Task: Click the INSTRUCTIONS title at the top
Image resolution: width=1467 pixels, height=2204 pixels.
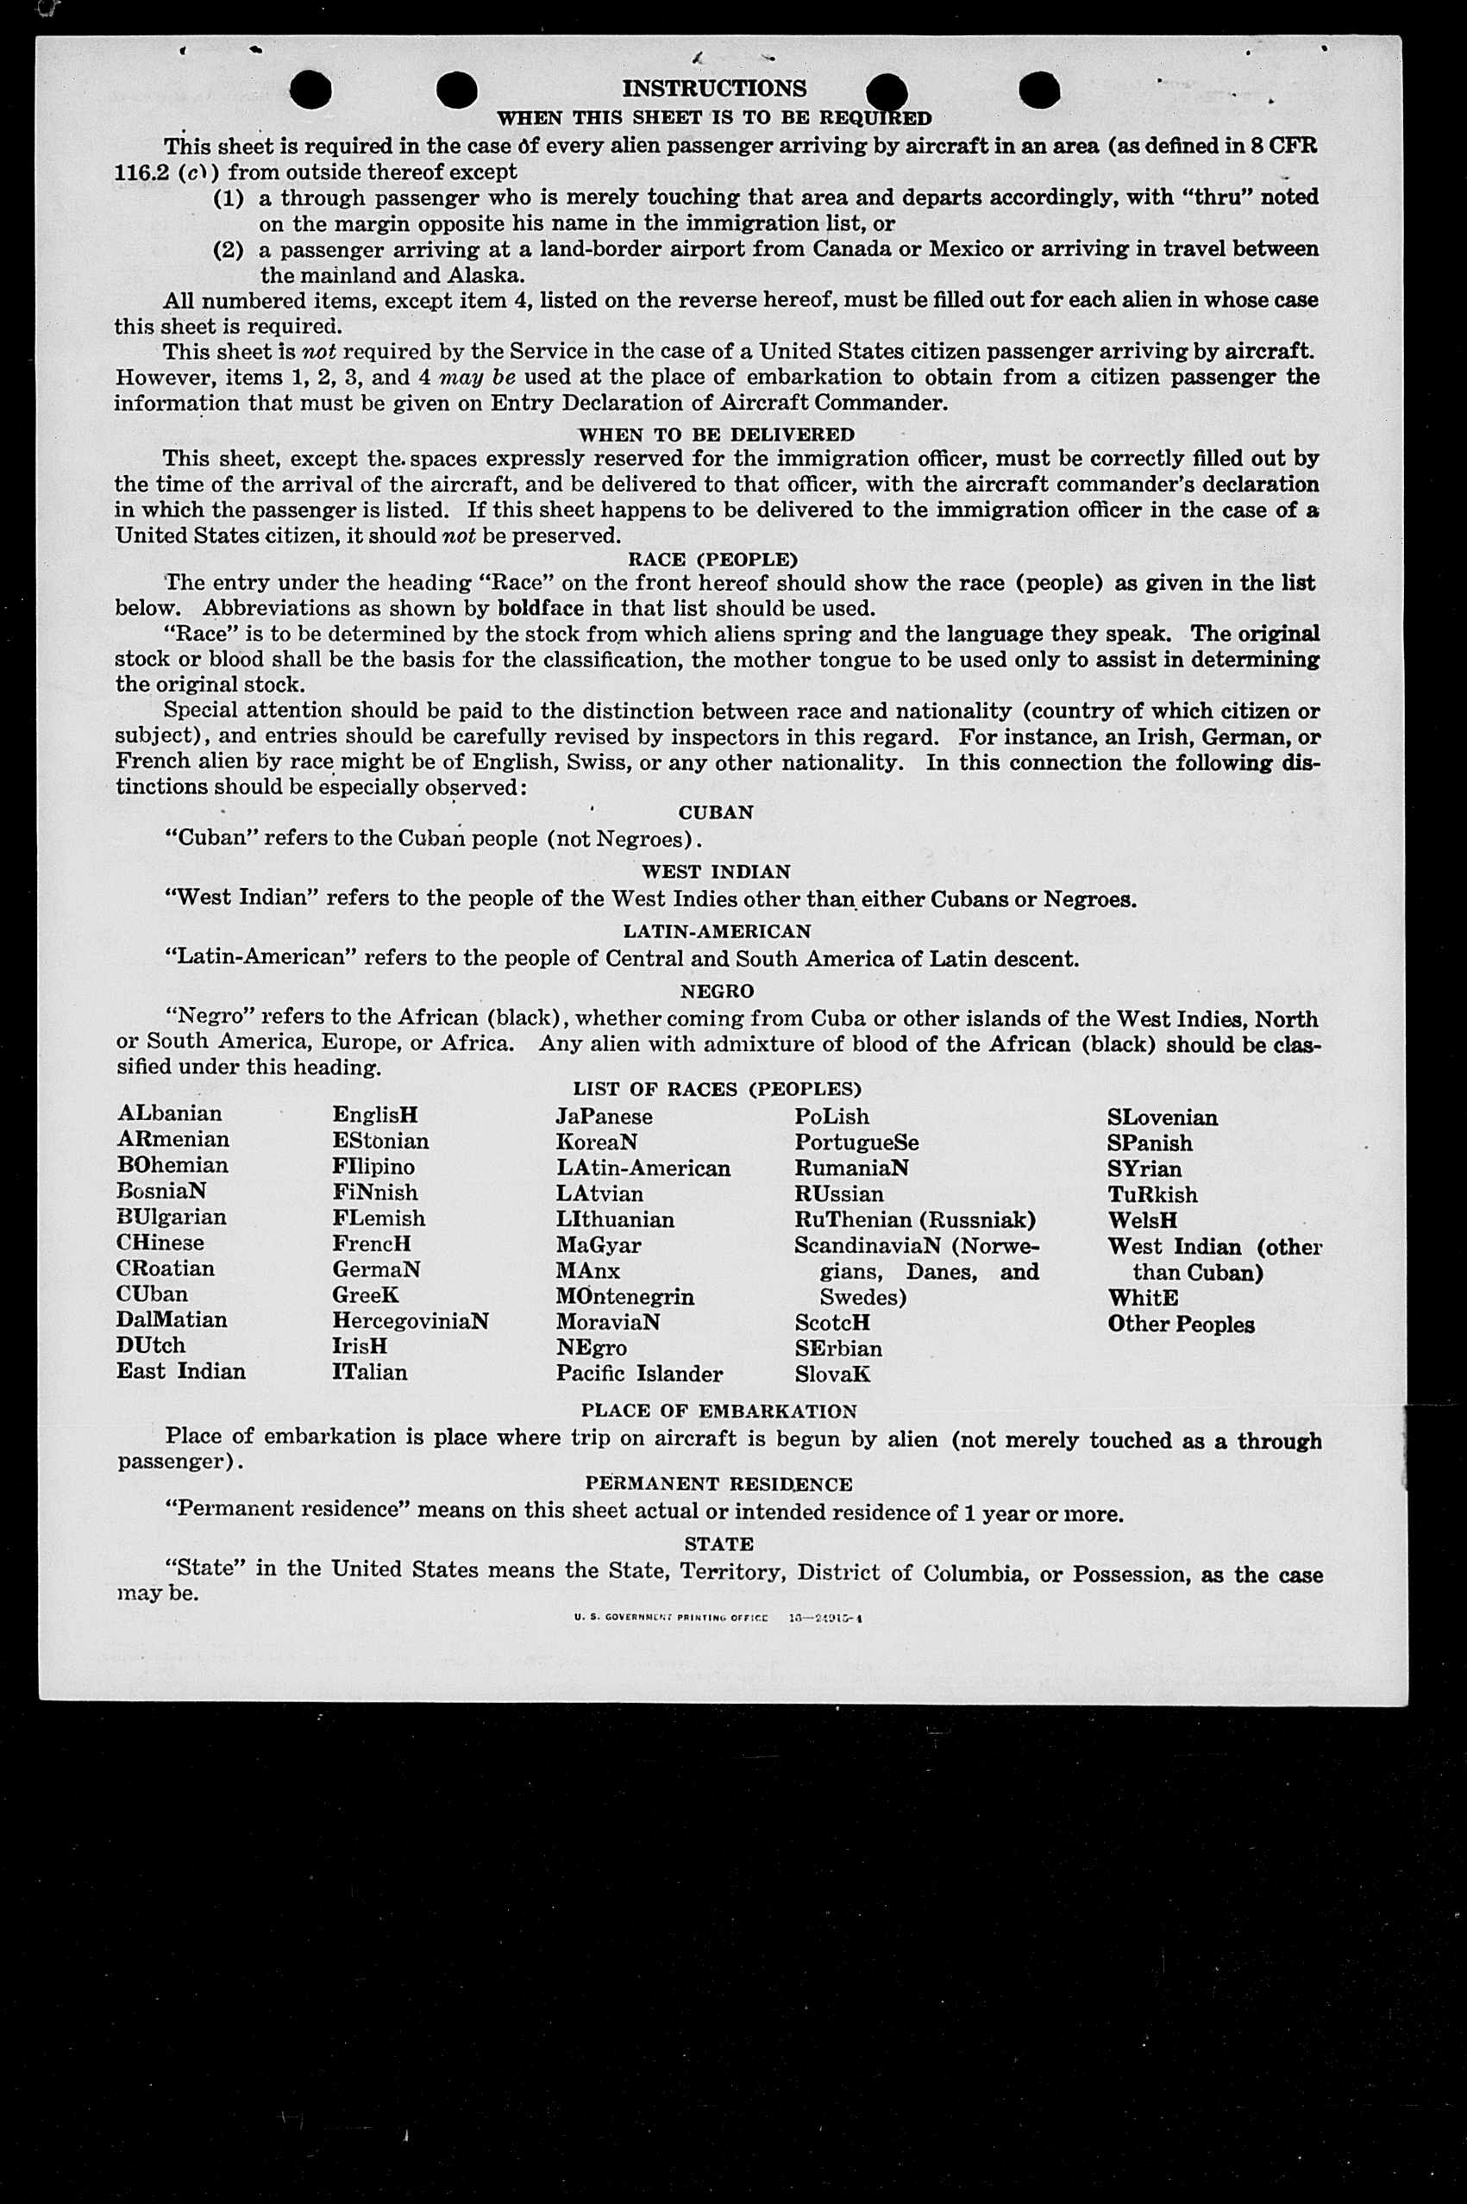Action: (714, 89)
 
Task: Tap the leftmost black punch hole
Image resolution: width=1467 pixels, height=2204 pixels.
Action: (310, 91)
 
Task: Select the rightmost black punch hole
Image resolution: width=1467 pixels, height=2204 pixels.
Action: (1038, 91)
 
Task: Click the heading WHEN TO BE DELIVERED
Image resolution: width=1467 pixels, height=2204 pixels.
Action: (716, 435)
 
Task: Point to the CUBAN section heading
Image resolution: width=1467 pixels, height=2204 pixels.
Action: (716, 812)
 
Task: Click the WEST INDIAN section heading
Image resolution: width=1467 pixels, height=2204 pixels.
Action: (716, 872)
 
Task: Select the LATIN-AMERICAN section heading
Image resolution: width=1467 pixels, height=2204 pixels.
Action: (717, 932)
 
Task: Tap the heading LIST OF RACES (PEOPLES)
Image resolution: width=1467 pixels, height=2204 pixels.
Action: (717, 1089)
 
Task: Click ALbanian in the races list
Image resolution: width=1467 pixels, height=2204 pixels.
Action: (169, 1113)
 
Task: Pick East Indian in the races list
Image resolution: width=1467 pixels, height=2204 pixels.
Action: (180, 1371)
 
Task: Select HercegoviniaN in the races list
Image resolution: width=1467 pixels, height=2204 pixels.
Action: (410, 1321)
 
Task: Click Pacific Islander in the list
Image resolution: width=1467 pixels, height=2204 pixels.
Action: (639, 1374)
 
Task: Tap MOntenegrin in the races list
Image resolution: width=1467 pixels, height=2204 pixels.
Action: (624, 1297)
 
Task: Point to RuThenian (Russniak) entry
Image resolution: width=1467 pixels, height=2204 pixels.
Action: (915, 1220)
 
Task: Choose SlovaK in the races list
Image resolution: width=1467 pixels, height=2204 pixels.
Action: (832, 1374)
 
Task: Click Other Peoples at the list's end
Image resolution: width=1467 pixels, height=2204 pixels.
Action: (1181, 1324)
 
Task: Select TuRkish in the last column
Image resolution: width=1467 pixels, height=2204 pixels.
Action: (1151, 1194)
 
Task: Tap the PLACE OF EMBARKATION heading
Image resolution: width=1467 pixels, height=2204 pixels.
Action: (718, 1411)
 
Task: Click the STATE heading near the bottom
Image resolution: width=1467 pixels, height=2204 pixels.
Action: (718, 1543)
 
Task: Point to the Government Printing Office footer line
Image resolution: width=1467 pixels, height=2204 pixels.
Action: (718, 1617)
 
